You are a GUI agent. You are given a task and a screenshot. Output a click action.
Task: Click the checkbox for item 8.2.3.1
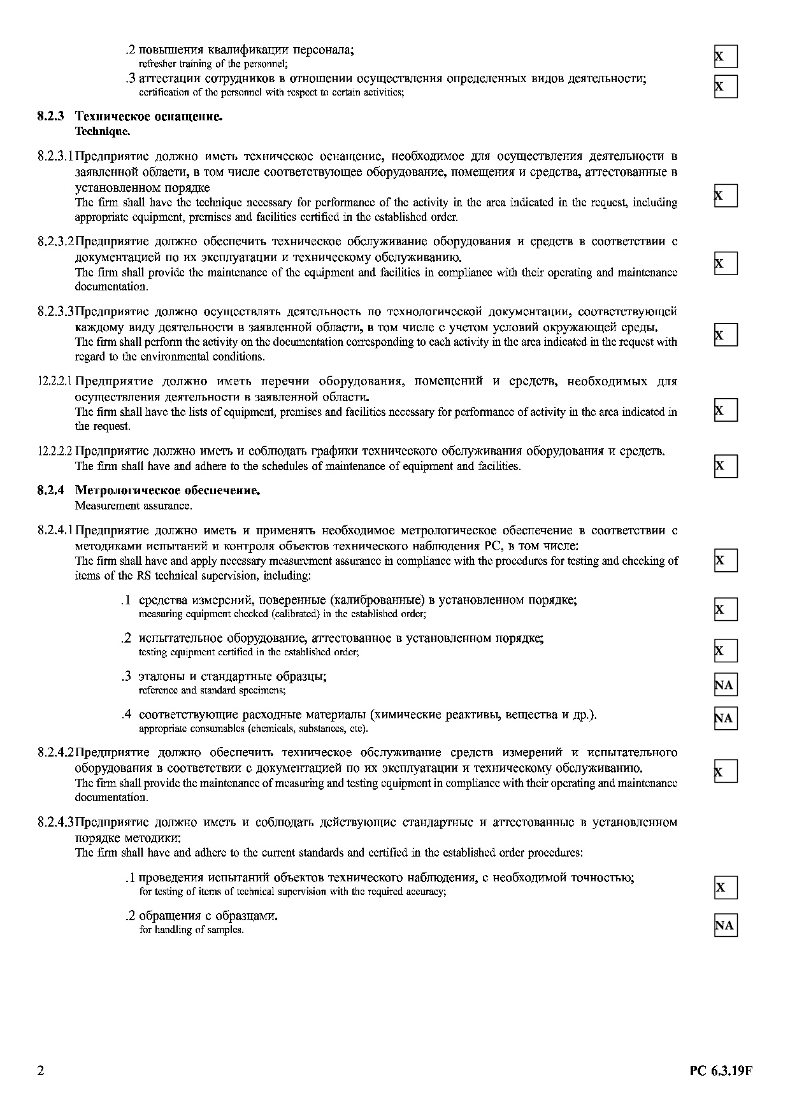726,196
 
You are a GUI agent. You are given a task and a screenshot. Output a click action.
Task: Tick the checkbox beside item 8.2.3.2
726,263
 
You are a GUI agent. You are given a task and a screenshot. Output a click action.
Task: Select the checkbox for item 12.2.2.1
726,410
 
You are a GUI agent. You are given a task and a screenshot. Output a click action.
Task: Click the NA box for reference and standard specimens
726,685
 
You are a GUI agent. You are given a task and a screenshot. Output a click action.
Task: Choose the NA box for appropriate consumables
726,718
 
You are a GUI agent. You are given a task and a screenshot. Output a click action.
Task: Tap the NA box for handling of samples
726,925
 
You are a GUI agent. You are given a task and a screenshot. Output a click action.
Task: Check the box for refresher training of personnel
726,57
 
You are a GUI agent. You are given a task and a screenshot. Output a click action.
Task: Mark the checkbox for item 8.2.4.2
726,771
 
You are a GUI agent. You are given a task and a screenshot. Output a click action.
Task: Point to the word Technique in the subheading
102,132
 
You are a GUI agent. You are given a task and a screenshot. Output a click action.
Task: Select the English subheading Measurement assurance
133,506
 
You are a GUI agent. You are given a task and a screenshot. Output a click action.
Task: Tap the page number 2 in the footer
41,1071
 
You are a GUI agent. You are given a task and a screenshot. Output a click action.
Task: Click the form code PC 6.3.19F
721,1071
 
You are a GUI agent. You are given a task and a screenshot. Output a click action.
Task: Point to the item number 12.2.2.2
55,452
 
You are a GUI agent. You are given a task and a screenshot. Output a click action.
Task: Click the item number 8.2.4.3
56,822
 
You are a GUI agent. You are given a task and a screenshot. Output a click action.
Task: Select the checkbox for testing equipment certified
726,651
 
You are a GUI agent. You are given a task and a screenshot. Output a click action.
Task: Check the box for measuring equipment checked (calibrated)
726,609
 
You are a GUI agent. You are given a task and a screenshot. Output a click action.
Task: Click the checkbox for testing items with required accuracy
726,887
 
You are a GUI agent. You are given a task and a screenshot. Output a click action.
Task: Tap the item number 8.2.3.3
56,312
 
